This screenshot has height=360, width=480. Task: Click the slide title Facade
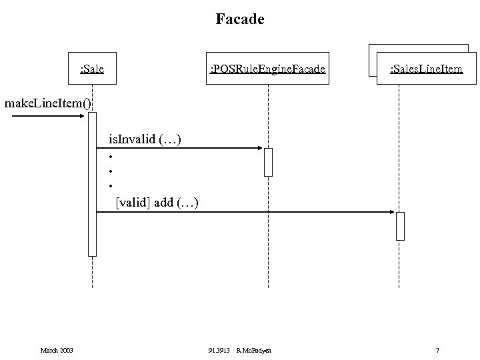(x=240, y=19)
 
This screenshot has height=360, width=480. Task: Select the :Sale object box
(x=92, y=68)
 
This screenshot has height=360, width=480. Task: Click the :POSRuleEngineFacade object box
(x=268, y=68)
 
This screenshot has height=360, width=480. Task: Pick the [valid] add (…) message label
(x=157, y=201)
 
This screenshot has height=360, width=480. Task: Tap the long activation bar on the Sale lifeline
(x=92, y=183)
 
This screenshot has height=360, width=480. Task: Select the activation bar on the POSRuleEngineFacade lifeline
(x=268, y=162)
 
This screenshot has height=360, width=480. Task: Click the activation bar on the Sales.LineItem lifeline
(x=400, y=226)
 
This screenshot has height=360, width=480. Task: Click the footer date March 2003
(x=57, y=351)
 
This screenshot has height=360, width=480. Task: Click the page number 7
(x=437, y=351)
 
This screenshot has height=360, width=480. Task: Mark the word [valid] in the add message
(x=133, y=201)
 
